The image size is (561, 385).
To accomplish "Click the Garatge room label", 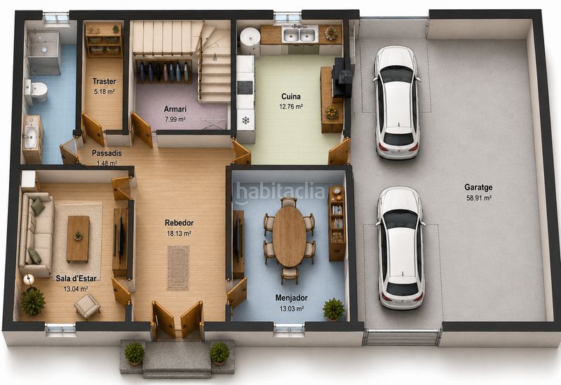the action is click(x=478, y=187).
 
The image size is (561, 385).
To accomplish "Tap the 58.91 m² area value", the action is click(x=479, y=198).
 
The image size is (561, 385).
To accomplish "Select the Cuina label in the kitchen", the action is click(x=291, y=96).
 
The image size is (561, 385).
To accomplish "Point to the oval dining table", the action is click(x=289, y=236).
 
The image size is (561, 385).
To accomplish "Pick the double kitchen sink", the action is click(x=299, y=34).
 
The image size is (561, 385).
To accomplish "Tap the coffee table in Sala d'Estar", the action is click(x=78, y=239).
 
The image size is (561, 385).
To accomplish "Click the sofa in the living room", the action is click(x=36, y=234).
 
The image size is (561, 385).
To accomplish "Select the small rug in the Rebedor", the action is click(x=178, y=267).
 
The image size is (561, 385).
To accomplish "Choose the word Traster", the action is click(x=104, y=81).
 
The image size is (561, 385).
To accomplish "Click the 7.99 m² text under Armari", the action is click(x=175, y=119).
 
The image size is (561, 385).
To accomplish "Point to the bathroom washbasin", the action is click(x=30, y=136).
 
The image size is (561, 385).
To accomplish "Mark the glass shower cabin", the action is click(x=43, y=53).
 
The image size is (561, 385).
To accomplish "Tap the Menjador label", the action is click(x=291, y=298).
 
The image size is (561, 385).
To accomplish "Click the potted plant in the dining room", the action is click(x=334, y=309).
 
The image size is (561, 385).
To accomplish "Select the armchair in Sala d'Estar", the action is click(x=87, y=306).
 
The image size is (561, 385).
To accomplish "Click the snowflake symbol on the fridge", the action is click(x=245, y=121).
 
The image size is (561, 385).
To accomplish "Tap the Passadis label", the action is click(x=107, y=153).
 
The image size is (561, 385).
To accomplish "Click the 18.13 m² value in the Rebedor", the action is click(x=178, y=234).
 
